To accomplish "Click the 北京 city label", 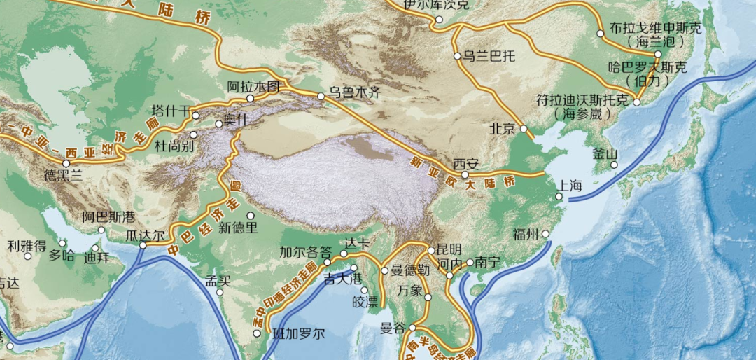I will (503, 129).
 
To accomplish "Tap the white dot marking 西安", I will (465, 174).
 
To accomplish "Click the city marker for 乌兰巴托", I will (457, 56).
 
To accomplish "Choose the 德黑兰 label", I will (63, 176).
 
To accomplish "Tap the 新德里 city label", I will (238, 227).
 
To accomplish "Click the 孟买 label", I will (218, 282).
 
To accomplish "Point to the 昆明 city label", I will (449, 249).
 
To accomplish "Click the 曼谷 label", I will (393, 328).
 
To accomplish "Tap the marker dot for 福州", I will (545, 235).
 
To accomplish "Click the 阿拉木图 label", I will (253, 87).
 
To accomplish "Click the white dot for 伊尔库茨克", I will (439, 19).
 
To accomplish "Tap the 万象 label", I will (410, 289).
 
